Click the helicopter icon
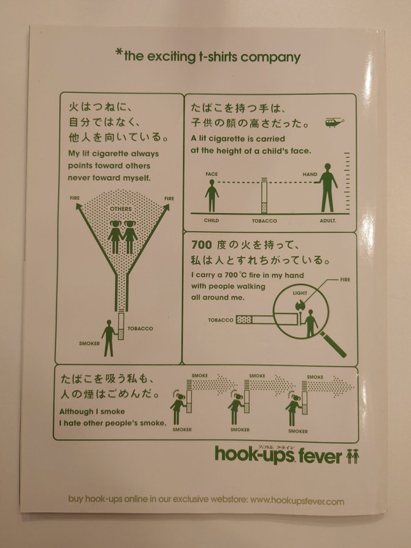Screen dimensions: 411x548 tap(334, 122)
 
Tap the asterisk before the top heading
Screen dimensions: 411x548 tap(119, 53)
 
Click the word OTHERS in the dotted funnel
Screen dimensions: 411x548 tap(121, 209)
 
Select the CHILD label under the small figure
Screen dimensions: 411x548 tap(211, 220)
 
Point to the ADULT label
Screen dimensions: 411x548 tap(328, 220)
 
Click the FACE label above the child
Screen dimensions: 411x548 tap(211, 174)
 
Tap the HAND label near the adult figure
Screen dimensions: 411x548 tap(310, 174)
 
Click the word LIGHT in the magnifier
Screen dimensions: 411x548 tap(300, 293)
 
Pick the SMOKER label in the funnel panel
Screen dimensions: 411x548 tap(89, 343)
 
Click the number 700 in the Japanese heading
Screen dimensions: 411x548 tap(202, 245)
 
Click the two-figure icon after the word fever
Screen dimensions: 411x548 tap(353, 457)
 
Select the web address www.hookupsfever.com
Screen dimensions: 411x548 tap(297, 502)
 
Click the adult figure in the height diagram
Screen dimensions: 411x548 tap(327, 188)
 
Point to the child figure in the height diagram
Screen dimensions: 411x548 tap(212, 195)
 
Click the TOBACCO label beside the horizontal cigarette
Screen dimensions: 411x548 tap(220, 320)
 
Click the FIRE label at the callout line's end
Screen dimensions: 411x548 tap(345, 279)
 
